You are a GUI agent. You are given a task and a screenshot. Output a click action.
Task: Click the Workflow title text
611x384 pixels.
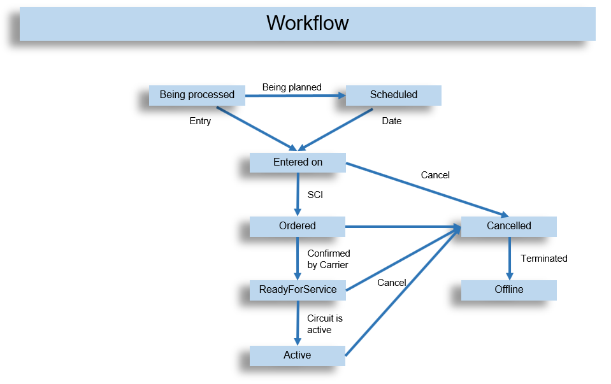coord(308,24)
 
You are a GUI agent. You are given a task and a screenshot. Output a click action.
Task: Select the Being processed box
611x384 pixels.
coord(197,95)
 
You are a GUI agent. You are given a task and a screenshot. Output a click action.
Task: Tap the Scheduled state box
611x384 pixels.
coord(393,95)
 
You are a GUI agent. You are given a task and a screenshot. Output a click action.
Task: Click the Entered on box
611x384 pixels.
coord(298,162)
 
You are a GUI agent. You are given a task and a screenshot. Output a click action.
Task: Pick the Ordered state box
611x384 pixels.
coord(298,226)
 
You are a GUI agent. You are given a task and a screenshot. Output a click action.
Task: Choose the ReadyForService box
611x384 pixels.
coord(298,290)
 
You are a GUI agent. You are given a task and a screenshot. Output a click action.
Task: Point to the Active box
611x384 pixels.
coord(298,355)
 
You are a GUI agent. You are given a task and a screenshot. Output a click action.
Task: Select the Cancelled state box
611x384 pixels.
coord(508,226)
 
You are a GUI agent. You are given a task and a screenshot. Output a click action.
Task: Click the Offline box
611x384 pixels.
coord(508,290)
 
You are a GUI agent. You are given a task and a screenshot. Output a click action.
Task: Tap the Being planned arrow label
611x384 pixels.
coord(292,87)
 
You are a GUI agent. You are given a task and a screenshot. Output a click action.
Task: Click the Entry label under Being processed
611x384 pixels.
coord(200,121)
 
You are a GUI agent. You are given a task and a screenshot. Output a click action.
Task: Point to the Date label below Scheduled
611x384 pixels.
coord(391,121)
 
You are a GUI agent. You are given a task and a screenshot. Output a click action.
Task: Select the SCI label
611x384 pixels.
coord(315,195)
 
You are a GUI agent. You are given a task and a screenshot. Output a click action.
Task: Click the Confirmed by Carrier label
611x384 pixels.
coord(329,259)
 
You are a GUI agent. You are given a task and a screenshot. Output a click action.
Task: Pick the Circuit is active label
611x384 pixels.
coord(325,324)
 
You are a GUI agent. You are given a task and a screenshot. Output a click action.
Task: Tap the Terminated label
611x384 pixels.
coord(543,259)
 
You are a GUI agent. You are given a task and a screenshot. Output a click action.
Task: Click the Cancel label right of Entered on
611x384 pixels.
coord(435,175)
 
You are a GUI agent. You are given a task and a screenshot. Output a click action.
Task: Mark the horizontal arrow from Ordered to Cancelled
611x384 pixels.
coord(401,226)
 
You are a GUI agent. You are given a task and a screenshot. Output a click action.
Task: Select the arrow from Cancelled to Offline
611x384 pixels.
coord(509,258)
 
